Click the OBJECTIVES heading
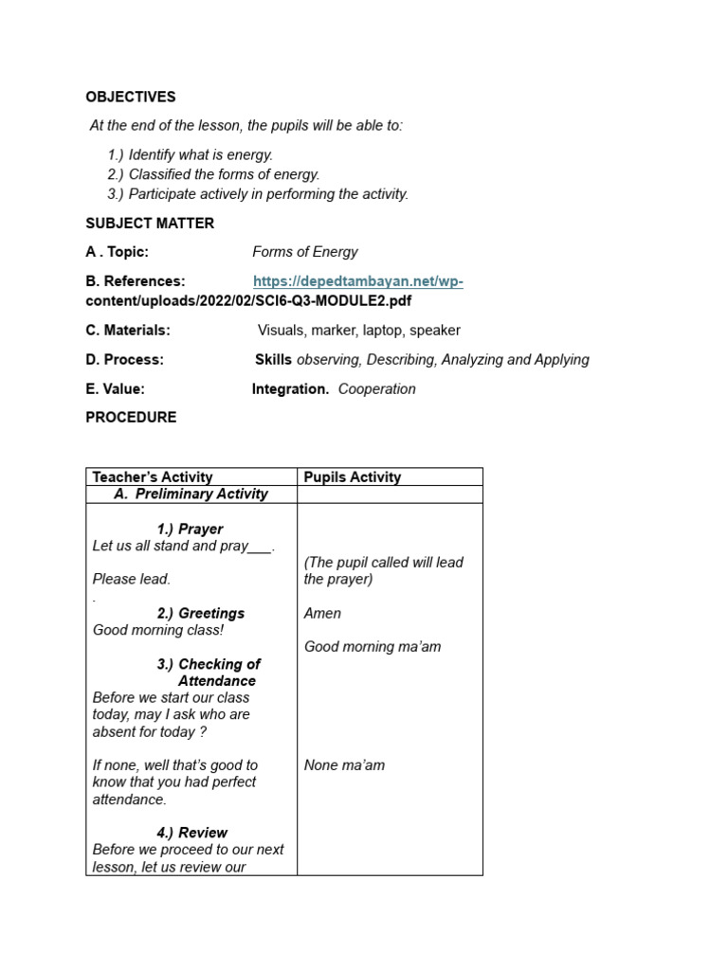pos(131,97)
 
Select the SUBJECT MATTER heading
pos(150,224)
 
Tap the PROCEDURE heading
pos(131,417)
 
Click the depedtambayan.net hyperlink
pos(357,281)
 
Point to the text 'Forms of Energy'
pos(305,252)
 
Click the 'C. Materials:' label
pos(128,331)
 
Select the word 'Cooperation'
pos(376,389)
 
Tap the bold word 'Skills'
pos(273,360)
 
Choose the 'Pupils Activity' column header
pos(353,477)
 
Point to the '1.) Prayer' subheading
pos(190,529)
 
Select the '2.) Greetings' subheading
pos(201,613)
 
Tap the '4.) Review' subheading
pos(191,833)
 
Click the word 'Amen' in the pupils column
pos(322,613)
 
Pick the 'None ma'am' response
pos(344,765)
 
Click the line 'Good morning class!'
pos(158,630)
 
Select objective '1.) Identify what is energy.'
pos(190,154)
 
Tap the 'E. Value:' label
pos(116,389)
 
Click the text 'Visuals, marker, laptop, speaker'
pos(359,331)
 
